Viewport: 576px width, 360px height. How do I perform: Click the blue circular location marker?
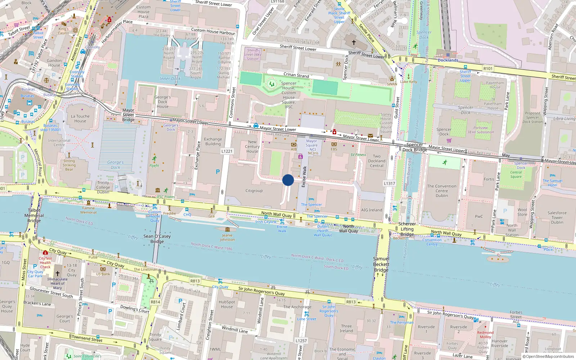tap(288, 180)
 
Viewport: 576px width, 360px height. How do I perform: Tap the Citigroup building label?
tap(254, 191)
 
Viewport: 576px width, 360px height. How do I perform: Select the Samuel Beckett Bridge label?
tap(381, 264)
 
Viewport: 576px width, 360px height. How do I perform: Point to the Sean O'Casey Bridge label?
tap(157, 239)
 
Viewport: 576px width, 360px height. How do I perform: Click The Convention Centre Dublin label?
tap(442, 191)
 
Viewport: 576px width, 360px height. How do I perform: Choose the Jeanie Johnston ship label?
tap(227, 238)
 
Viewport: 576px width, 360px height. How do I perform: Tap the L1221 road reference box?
tap(227, 151)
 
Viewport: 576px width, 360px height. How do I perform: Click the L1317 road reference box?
tap(390, 183)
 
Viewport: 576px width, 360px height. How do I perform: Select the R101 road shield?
tap(488, 68)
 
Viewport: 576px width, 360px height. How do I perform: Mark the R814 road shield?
tap(156, 302)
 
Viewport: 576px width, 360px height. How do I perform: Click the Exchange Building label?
tap(213, 141)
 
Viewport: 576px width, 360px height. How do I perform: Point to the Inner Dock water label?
tap(170, 78)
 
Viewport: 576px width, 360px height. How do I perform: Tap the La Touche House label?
tap(80, 118)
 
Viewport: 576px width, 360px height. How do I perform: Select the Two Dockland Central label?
tap(377, 161)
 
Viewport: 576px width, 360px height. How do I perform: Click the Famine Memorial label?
tap(89, 210)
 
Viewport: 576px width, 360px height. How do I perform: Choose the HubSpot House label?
tap(227, 304)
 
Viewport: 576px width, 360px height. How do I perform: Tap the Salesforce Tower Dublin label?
tap(557, 217)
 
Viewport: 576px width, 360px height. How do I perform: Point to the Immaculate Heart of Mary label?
tap(58, 283)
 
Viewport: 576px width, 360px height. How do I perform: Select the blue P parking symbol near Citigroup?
tap(218, 172)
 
